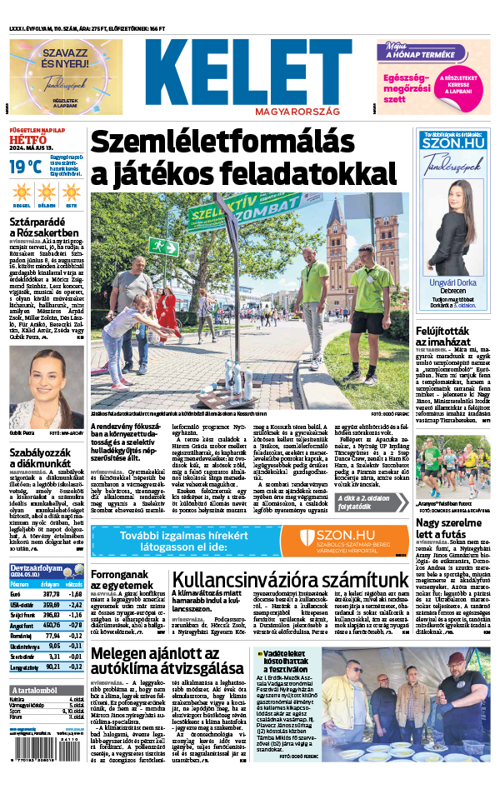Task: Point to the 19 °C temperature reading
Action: pyautogui.click(x=25, y=167)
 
